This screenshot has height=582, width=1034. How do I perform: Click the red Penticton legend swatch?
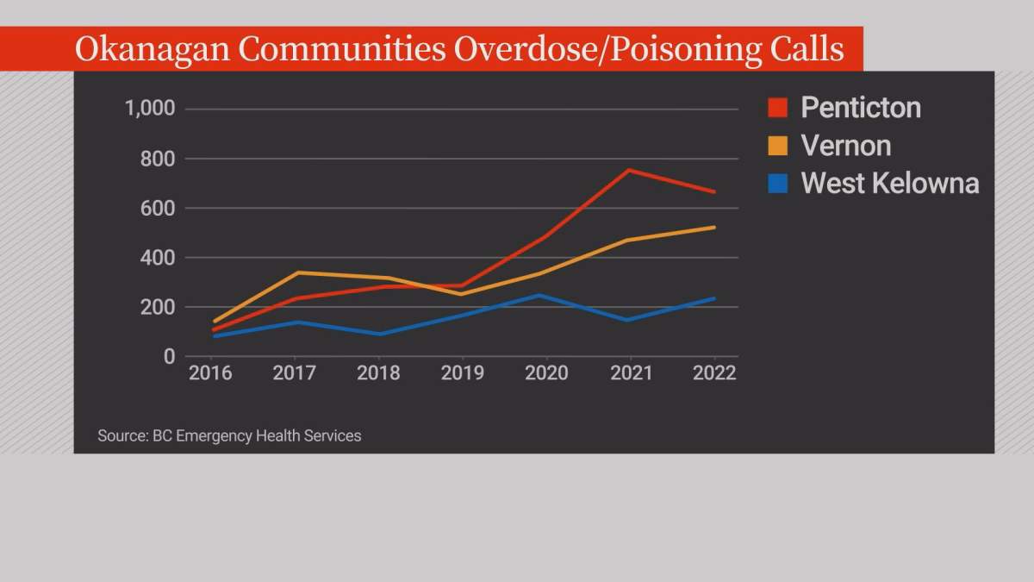point(777,108)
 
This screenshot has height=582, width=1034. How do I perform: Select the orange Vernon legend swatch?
point(777,146)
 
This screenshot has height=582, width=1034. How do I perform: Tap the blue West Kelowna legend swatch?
point(777,183)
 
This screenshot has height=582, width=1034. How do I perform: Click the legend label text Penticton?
point(861,108)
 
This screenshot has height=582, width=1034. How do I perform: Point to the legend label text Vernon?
point(845,146)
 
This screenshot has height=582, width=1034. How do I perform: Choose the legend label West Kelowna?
point(889,183)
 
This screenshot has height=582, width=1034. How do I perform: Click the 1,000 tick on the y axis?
point(150,109)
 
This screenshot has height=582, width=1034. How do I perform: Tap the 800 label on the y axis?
point(158,159)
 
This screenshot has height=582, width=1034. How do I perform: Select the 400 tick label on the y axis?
point(158,258)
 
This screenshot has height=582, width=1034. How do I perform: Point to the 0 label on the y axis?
point(169,356)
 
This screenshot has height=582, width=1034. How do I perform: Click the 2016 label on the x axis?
point(211,373)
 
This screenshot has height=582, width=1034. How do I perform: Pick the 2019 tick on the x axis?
point(463,373)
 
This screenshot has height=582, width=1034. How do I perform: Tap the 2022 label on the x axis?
point(714,373)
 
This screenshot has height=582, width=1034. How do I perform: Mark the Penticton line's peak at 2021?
point(630,170)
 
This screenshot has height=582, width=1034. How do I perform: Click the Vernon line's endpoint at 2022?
point(713,228)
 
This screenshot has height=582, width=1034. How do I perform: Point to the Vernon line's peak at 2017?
point(296,272)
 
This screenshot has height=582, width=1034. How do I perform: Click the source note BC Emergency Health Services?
point(257,436)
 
